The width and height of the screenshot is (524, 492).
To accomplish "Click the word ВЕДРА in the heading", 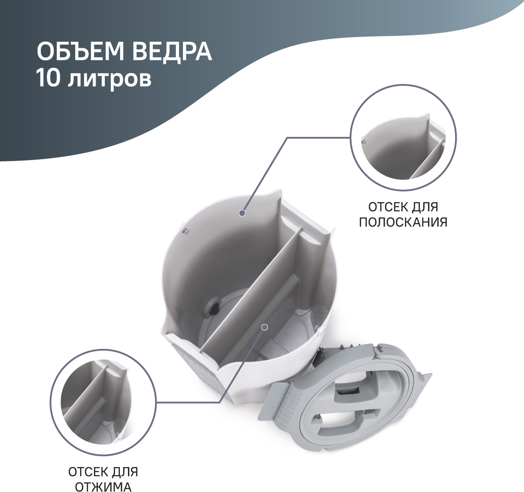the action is (x=172, y=52).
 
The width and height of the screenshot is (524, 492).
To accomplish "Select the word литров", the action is (x=110, y=80).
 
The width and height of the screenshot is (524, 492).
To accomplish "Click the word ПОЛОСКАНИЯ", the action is (x=403, y=222).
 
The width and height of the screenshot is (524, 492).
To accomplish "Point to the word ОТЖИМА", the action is (x=103, y=487).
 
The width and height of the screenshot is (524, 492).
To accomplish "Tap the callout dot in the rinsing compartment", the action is (x=242, y=213).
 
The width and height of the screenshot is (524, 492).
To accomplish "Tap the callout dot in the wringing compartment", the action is (x=264, y=327).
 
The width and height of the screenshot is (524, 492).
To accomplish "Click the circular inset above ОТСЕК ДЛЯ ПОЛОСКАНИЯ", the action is (x=403, y=137).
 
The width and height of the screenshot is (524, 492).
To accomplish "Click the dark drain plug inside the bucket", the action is (x=214, y=307).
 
